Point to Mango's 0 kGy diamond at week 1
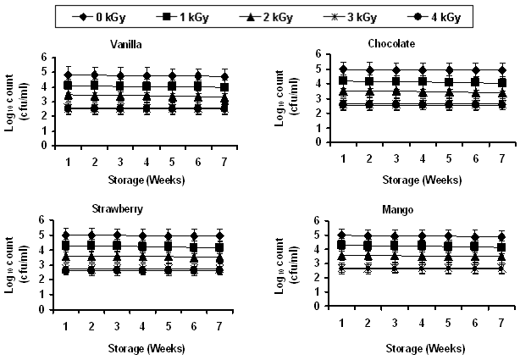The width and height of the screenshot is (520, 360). click(x=341, y=235)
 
